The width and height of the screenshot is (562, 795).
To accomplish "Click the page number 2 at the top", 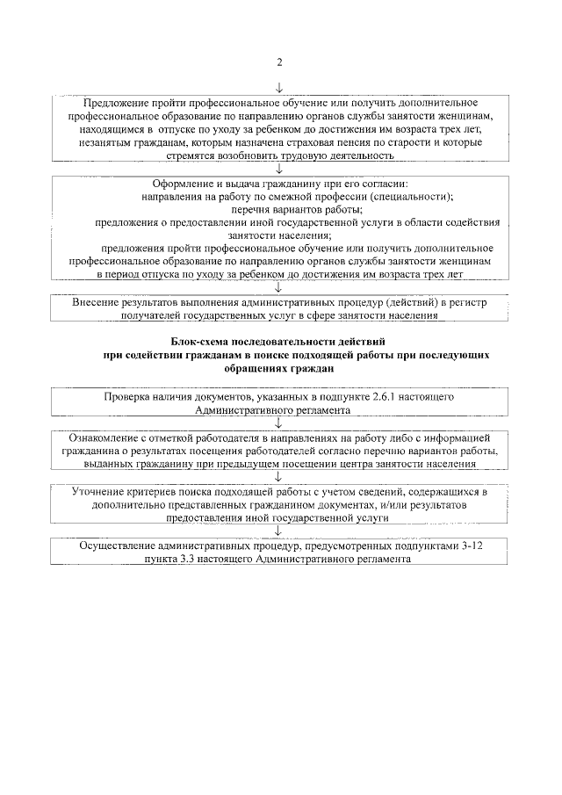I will (279, 61).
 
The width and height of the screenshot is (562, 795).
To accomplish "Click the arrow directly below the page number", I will (279, 87).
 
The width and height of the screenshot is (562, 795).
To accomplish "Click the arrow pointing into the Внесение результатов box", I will (278, 285).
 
